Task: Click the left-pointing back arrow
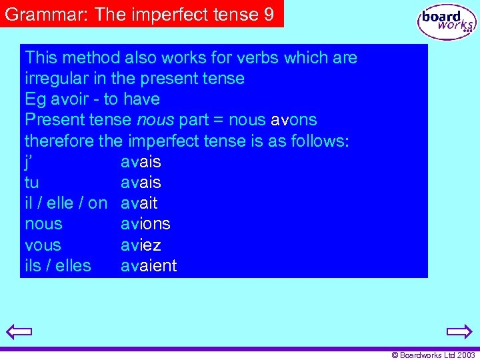click(19, 331)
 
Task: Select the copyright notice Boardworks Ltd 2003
click(433, 355)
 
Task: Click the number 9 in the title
click(269, 14)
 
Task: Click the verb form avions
click(145, 224)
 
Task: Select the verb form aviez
click(141, 245)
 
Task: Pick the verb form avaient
click(149, 265)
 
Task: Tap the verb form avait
click(139, 203)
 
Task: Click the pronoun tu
click(31, 183)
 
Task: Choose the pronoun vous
click(43, 245)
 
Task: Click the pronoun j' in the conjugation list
click(29, 162)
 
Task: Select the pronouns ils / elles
click(58, 265)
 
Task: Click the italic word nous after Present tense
click(155, 121)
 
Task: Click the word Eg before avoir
click(35, 100)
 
